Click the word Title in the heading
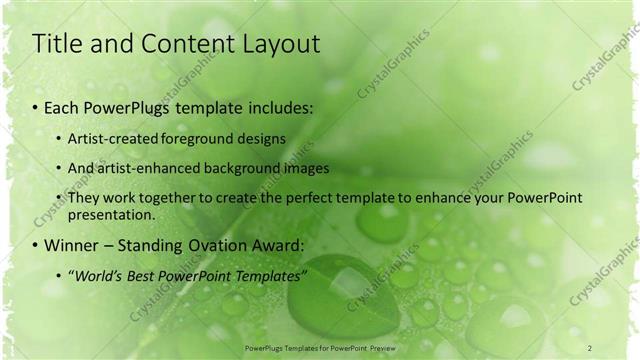tap(57, 44)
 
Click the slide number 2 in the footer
tap(590, 347)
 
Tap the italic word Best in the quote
tap(153, 275)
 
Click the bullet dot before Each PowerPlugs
tap(36, 107)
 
